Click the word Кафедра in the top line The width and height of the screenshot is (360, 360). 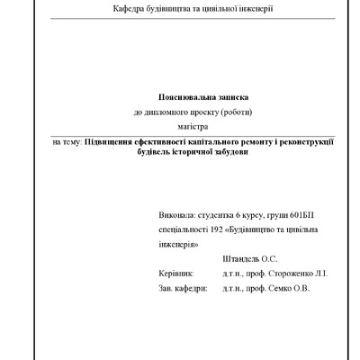point(128,8)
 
